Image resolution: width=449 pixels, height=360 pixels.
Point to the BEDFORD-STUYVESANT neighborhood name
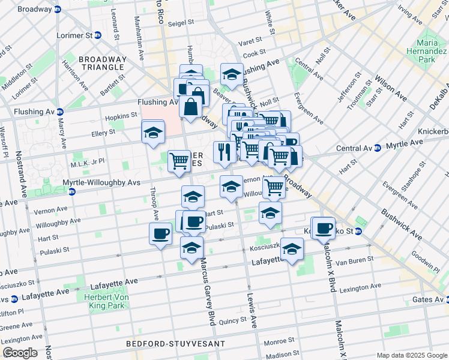(175, 344)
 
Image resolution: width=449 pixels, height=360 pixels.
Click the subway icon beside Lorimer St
(97, 35)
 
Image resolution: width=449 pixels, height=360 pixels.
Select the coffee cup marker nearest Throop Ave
(160, 233)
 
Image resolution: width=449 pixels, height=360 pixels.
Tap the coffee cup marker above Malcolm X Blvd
(324, 227)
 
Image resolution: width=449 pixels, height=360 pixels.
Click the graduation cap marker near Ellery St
(153, 132)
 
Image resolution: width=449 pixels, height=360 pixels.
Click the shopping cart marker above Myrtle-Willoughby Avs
(179, 161)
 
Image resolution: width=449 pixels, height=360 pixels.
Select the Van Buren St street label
(355, 259)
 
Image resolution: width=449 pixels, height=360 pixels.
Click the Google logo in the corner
(20, 353)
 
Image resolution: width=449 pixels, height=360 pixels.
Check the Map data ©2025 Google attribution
(412, 355)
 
